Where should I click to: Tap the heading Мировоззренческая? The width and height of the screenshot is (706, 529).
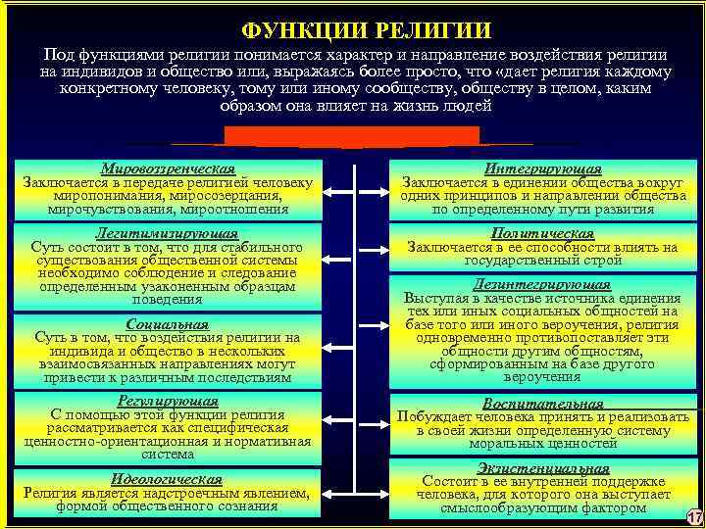(x=167, y=168)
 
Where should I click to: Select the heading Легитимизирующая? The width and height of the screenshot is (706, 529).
(x=167, y=234)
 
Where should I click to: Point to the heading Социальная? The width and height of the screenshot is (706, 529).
(x=167, y=324)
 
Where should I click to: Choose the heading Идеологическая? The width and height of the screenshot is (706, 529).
(x=167, y=479)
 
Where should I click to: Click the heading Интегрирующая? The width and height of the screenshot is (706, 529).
(x=543, y=168)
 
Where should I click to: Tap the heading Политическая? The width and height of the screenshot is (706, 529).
(x=543, y=234)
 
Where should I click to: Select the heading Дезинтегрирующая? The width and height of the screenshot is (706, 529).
(x=543, y=285)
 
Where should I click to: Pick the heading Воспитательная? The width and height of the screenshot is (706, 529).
(x=543, y=403)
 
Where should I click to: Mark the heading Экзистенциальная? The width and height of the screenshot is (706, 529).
(x=543, y=468)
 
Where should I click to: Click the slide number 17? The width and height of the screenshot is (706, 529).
(x=693, y=516)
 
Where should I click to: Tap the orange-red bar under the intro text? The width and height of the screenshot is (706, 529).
(x=352, y=135)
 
